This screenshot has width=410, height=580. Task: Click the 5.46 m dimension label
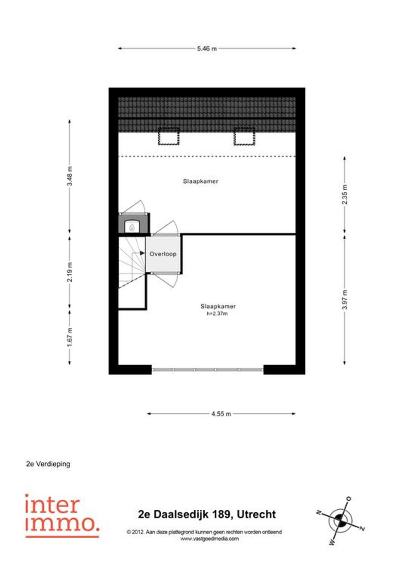coord(207,49)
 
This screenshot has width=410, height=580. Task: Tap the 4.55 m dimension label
coord(221,414)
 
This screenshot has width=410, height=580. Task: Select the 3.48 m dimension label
coord(70,176)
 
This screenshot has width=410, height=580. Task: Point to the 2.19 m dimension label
coord(70,272)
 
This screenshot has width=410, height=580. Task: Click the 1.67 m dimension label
coord(70,337)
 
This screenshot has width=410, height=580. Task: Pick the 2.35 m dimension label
coord(344,194)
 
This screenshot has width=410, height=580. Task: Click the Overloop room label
coord(163,254)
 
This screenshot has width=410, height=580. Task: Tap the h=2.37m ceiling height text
coord(217,314)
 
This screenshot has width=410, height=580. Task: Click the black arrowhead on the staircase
coord(142,253)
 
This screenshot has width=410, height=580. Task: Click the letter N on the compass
coord(319,511)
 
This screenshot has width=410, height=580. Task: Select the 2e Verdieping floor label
coord(48,464)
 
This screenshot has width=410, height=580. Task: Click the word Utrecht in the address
coord(256,514)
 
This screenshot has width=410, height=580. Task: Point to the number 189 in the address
coord(221,514)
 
